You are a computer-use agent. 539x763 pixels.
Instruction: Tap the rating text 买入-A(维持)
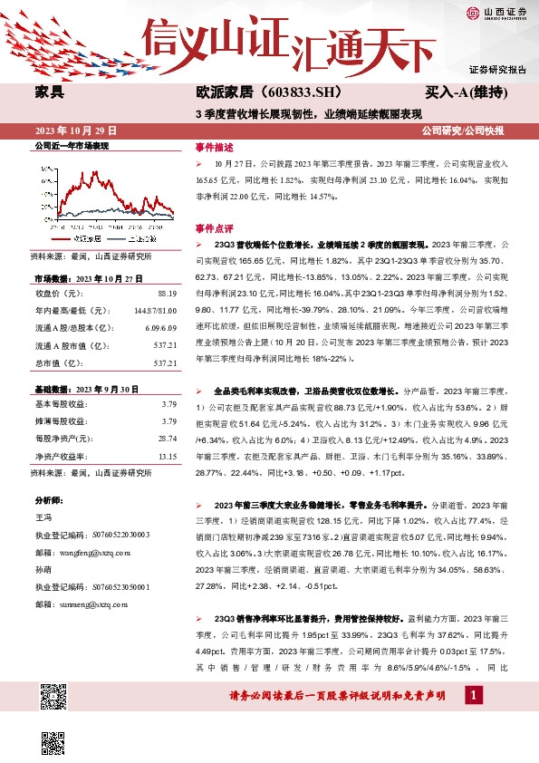pos(465,92)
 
